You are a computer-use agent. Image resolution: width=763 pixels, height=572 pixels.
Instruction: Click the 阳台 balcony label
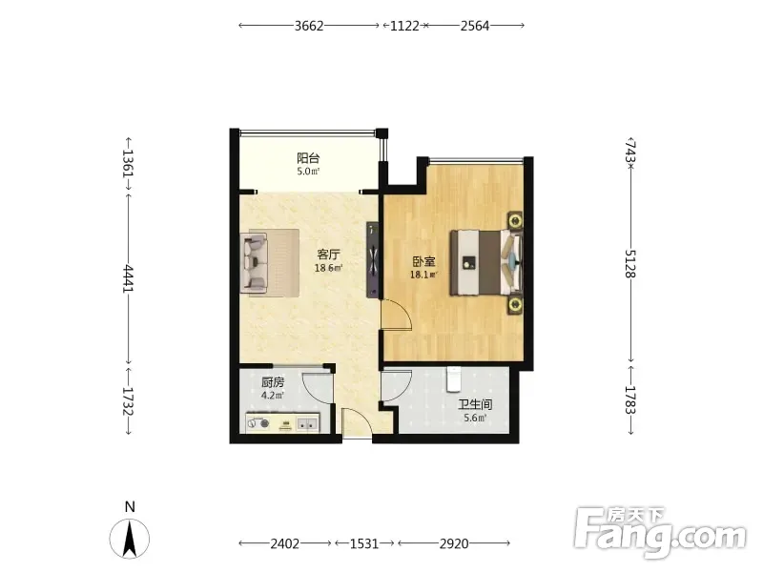coord(308,158)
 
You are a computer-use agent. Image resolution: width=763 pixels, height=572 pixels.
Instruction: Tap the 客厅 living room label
coord(328,255)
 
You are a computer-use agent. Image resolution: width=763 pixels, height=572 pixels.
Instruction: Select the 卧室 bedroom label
coord(423,261)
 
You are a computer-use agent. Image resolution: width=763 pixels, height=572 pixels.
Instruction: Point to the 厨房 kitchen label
coord(273,383)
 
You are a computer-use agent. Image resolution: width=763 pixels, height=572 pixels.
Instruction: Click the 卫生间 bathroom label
coord(475,404)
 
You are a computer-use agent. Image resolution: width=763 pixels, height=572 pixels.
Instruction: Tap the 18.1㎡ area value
coord(423,275)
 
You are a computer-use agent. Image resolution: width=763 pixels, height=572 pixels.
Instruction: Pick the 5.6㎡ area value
coord(475,418)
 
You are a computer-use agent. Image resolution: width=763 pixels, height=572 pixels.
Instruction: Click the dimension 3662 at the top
coord(309,26)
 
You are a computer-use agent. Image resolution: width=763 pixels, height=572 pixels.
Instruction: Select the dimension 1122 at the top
coord(404,26)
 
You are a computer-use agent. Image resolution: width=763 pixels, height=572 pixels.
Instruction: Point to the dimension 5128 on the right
coord(630,263)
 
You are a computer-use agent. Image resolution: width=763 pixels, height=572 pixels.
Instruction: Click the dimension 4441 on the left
coord(128,278)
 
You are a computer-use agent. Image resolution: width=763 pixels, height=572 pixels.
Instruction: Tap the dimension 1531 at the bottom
coord(364,543)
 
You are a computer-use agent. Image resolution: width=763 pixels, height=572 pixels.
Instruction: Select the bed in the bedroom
coord(486,263)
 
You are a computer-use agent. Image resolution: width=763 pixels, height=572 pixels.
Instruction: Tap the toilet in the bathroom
coord(454,379)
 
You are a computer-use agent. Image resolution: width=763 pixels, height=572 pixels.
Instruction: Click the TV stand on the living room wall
coord(372,260)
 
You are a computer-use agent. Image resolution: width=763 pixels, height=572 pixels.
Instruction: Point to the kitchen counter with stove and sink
coord(282,422)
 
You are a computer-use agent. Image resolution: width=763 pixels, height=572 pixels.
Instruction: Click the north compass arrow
coord(130,539)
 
